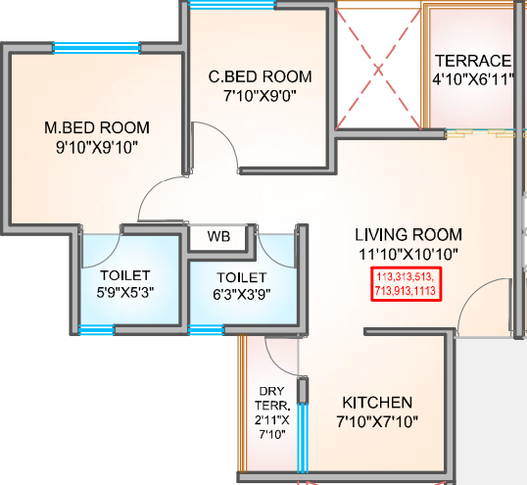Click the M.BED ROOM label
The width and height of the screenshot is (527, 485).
coord(96,127)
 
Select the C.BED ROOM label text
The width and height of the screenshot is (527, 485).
coord(260,76)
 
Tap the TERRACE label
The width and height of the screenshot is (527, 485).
coord(473,59)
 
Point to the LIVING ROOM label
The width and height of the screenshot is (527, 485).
coord(407,235)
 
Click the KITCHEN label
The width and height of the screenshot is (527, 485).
coord(377,403)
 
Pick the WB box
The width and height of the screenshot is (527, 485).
coord(218,236)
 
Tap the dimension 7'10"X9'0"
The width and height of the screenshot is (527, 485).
coord(260,96)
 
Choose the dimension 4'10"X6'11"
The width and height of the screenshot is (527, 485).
coord(473,78)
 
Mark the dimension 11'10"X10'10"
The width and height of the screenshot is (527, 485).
coord(407,254)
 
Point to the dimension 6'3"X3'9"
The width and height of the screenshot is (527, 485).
coord(240,292)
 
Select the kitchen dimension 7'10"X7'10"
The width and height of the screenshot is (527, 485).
coord(377,423)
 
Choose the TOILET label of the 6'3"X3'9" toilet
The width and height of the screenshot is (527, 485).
coord(240,276)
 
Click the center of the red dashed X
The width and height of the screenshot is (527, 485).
coord(377,69)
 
